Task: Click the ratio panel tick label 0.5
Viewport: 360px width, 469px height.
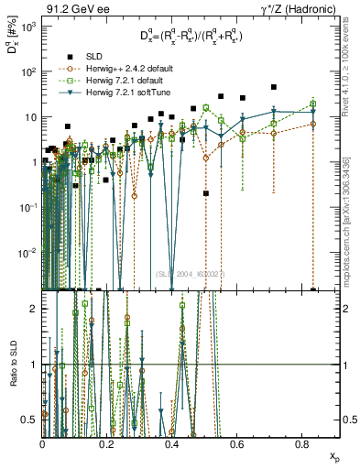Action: [x=30, y=420]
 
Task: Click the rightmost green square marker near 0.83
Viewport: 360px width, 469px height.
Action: [x=313, y=103]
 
